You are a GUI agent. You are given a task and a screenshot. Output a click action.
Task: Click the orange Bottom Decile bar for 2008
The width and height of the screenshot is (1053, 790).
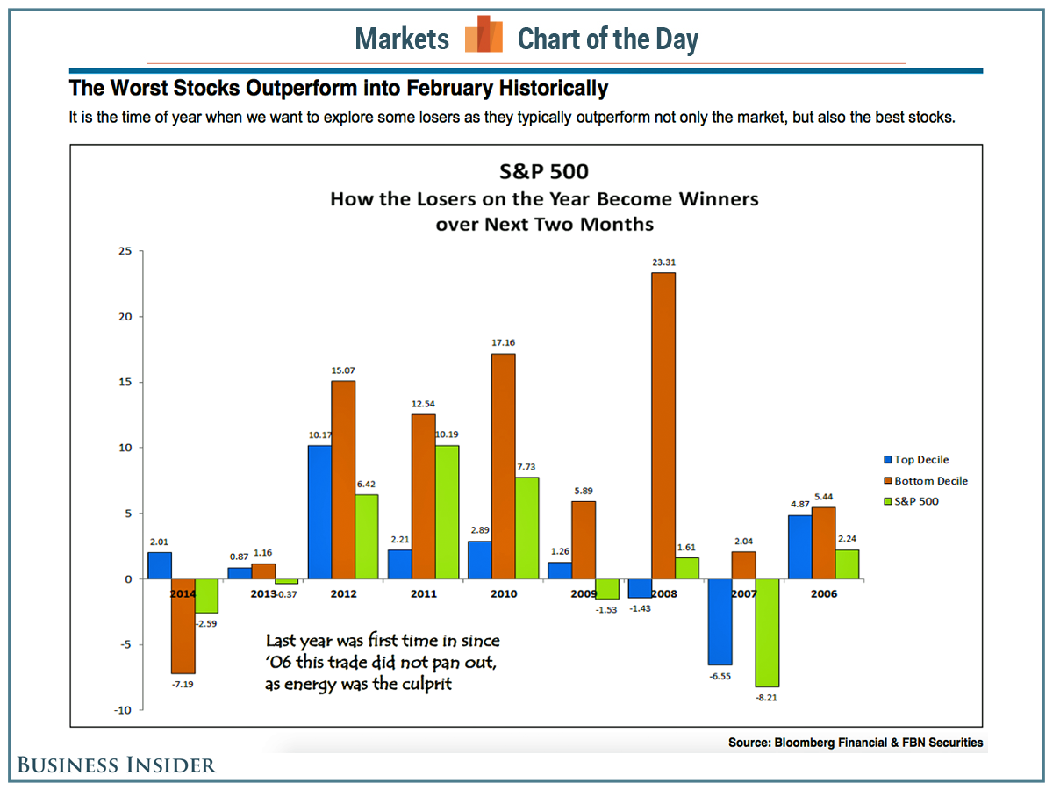coord(663,426)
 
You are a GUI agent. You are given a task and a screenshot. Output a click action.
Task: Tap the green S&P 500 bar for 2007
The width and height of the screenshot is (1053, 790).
coord(767,632)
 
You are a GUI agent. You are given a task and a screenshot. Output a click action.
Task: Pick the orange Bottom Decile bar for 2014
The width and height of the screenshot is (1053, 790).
coord(183,625)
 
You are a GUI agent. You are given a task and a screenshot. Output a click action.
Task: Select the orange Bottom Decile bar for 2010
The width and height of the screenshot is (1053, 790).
coord(503,466)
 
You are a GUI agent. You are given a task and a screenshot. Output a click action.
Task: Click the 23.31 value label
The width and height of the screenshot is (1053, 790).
coord(663,261)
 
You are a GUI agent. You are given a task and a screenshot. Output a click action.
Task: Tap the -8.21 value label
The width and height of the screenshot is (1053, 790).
coord(767,699)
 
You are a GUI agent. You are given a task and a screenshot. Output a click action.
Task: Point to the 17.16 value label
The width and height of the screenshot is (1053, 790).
coord(503,341)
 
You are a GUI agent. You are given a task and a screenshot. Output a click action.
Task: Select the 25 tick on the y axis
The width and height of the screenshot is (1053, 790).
coord(125,251)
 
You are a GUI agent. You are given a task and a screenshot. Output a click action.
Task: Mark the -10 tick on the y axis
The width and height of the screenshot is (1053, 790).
coord(123,710)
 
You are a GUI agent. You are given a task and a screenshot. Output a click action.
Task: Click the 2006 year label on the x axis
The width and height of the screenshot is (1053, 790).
coord(823,593)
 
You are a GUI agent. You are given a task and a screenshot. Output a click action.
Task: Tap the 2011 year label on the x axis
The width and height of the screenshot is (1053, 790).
coord(423,593)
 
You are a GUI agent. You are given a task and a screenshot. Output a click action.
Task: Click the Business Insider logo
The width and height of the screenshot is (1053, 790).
coord(117,765)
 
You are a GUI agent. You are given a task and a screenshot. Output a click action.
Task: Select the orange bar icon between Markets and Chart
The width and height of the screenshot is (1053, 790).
coord(484,36)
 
